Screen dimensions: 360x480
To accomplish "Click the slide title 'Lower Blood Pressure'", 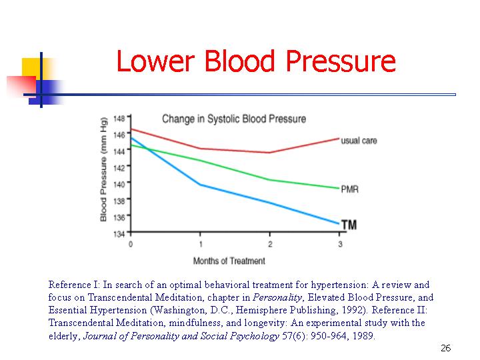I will pyautogui.click(x=255, y=62).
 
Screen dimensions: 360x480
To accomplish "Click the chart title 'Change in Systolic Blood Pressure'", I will pyautogui.click(x=233, y=119).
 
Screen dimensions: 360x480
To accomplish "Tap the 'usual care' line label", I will pyautogui.click(x=359, y=141).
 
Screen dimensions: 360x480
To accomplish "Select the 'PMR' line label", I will pyautogui.click(x=349, y=189).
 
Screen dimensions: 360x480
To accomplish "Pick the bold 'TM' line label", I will pyautogui.click(x=349, y=225).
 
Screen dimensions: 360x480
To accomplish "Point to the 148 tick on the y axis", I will pyautogui.click(x=119, y=119).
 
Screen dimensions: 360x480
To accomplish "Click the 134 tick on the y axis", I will pyautogui.click(x=119, y=233).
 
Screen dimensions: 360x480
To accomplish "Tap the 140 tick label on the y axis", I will pyautogui.click(x=119, y=184).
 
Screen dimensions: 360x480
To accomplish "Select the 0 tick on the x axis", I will pyautogui.click(x=131, y=244).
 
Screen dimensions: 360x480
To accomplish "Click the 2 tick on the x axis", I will pyautogui.click(x=270, y=244).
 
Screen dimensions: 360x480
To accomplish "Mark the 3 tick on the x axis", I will pyautogui.click(x=340, y=244).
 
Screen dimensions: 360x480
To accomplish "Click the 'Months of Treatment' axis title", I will pyautogui.click(x=229, y=260).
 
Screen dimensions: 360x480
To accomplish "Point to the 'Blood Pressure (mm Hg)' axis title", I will pyautogui.click(x=104, y=177).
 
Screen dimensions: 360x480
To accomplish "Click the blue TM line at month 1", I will pyautogui.click(x=201, y=185).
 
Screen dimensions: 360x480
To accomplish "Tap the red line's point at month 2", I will pyautogui.click(x=270, y=153).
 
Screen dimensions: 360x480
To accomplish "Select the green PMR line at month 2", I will pyautogui.click(x=270, y=180).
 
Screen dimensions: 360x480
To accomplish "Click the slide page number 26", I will pyautogui.click(x=446, y=349).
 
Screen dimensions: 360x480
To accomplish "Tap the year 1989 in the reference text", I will pyautogui.click(x=363, y=336).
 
